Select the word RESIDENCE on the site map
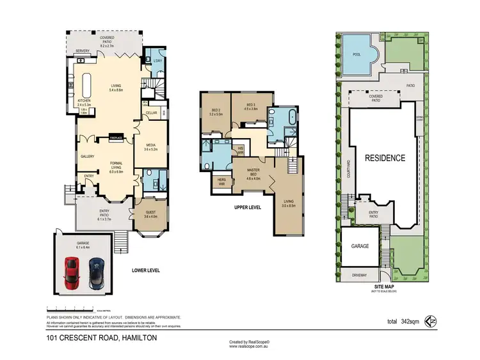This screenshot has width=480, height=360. point(385,158)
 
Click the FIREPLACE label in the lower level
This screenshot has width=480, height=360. point(116,137)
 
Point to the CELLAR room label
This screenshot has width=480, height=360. point(151,113)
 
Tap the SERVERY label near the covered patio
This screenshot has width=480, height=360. point(82,51)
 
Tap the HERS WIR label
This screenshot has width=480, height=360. point(221,181)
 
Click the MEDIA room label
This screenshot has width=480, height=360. point(151,146)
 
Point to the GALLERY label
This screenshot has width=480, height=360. point(87,156)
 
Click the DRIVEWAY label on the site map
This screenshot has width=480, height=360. point(359,275)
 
